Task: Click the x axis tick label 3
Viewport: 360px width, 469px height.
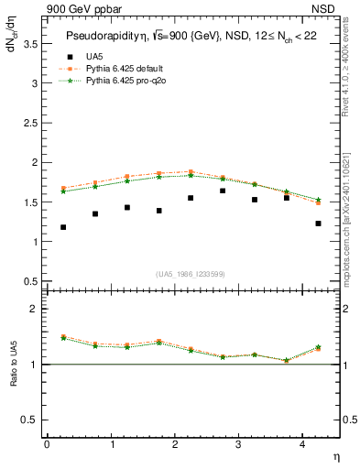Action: coord(238,443)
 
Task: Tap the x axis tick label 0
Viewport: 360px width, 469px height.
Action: coord(47,443)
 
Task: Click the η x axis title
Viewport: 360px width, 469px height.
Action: coord(335,455)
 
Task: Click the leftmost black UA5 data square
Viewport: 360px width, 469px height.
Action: coord(62,227)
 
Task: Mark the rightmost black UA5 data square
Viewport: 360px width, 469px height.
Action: coord(318,224)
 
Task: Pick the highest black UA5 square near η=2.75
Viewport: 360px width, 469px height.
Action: coord(223,191)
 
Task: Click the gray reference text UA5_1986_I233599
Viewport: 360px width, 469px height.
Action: coord(191,275)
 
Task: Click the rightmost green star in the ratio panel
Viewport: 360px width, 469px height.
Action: coord(318,347)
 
